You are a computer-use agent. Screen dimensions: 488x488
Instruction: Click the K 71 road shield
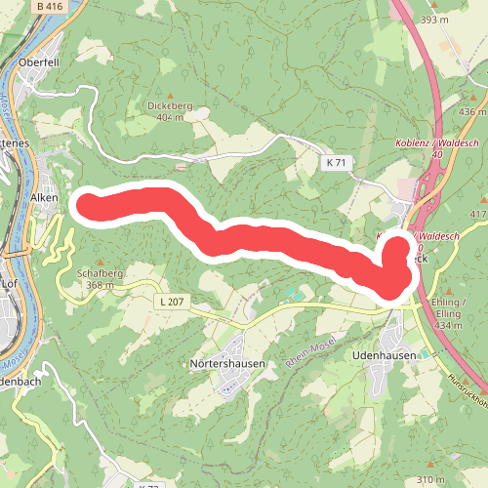(x=337, y=162)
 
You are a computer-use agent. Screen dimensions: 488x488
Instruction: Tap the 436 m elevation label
(x=471, y=112)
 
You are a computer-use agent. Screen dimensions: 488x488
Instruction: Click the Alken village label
(x=44, y=197)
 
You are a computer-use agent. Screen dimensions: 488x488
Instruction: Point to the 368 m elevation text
(x=100, y=286)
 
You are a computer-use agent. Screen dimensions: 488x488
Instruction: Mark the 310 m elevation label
(x=430, y=480)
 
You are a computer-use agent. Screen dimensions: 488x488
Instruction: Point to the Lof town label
(x=11, y=283)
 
